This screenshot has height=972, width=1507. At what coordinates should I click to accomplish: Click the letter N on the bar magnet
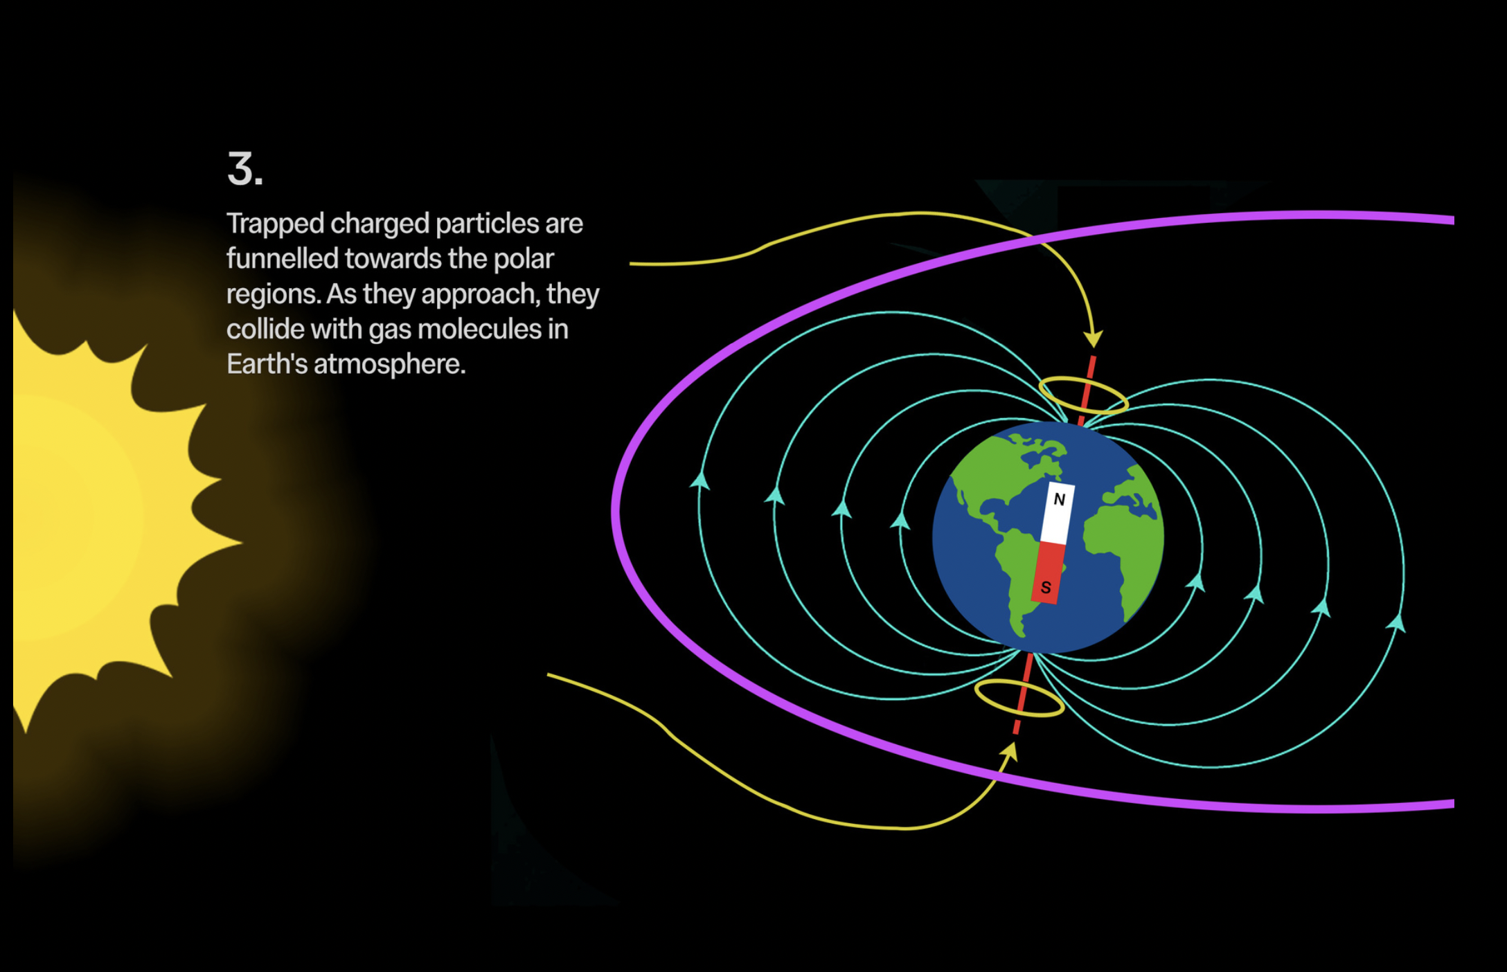coord(1059,499)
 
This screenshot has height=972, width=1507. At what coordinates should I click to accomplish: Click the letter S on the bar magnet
coord(1046,588)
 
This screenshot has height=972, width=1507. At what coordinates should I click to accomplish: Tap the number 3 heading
coord(245,170)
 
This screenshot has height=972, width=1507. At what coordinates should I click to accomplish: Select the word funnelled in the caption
coord(282,259)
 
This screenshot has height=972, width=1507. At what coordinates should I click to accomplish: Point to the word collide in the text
coord(265,329)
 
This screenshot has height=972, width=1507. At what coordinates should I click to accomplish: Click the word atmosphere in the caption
coord(389,364)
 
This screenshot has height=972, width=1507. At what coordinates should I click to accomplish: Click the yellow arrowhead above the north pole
coord(1093,339)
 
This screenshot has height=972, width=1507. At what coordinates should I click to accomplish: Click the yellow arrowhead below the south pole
coord(1010,750)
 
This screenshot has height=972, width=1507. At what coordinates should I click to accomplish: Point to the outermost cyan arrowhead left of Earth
coord(700,480)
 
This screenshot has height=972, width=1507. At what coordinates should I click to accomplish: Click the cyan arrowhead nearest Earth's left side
coord(900,521)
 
